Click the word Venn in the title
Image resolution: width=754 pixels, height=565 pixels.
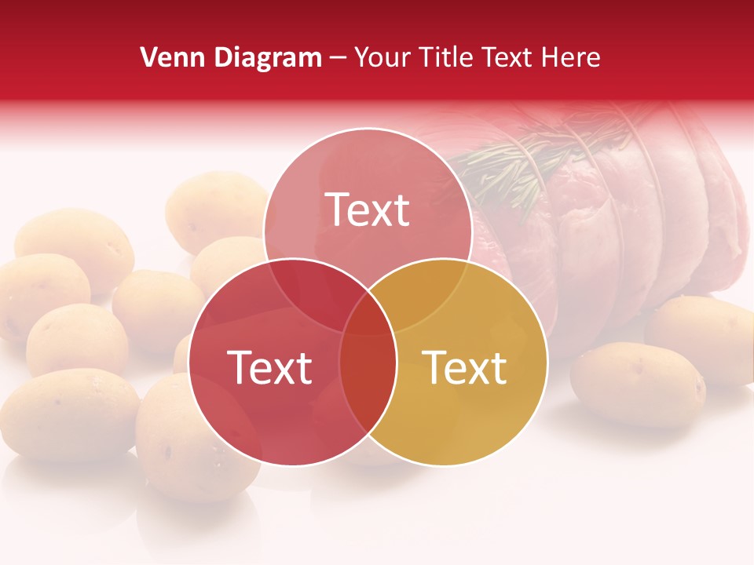tap(167, 57)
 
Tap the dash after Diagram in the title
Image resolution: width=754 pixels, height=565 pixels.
tap(338, 58)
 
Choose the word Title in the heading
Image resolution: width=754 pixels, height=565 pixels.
tap(451, 57)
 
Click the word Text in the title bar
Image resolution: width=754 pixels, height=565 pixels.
tap(515, 57)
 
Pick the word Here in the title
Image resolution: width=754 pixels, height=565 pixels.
tap(575, 57)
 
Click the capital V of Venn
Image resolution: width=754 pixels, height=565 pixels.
tap(148, 57)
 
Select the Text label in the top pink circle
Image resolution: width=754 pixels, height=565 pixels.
tap(368, 210)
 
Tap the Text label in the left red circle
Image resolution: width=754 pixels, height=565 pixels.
tap(269, 367)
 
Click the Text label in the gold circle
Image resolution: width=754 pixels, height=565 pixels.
tap(465, 367)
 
